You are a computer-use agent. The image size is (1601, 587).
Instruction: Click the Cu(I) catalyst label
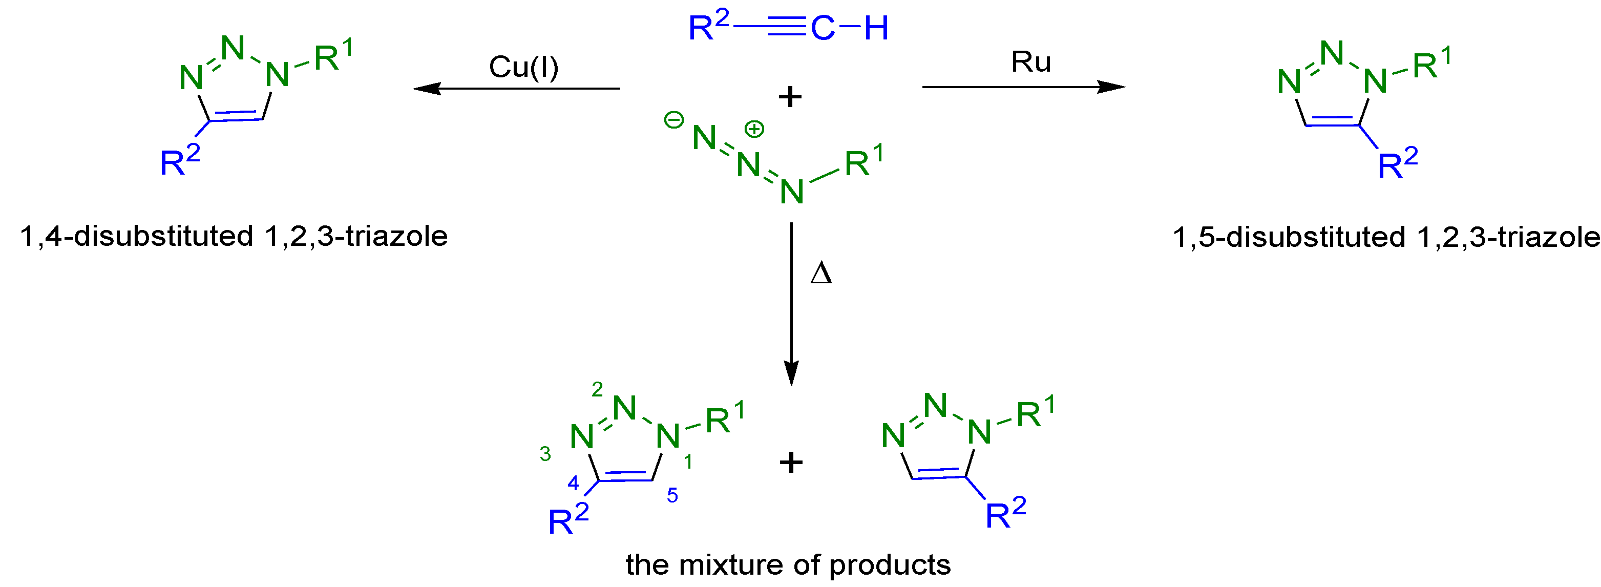coord(523,67)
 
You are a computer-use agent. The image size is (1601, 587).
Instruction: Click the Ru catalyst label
coord(1030,61)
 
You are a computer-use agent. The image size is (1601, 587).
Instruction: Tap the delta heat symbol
coord(820,274)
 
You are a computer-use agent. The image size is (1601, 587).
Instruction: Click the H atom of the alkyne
coord(876,28)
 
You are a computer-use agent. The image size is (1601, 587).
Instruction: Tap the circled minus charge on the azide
coord(673,119)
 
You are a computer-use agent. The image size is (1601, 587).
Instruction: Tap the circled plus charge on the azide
coord(754,129)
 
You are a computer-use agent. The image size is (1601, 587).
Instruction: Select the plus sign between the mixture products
coord(791,462)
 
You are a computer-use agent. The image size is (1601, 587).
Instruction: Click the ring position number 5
coord(672,495)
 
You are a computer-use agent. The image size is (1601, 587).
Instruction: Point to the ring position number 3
coord(545,454)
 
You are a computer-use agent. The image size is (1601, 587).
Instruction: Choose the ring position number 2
coord(597,389)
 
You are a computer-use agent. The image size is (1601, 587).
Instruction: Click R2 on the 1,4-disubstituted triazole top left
coord(179,160)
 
